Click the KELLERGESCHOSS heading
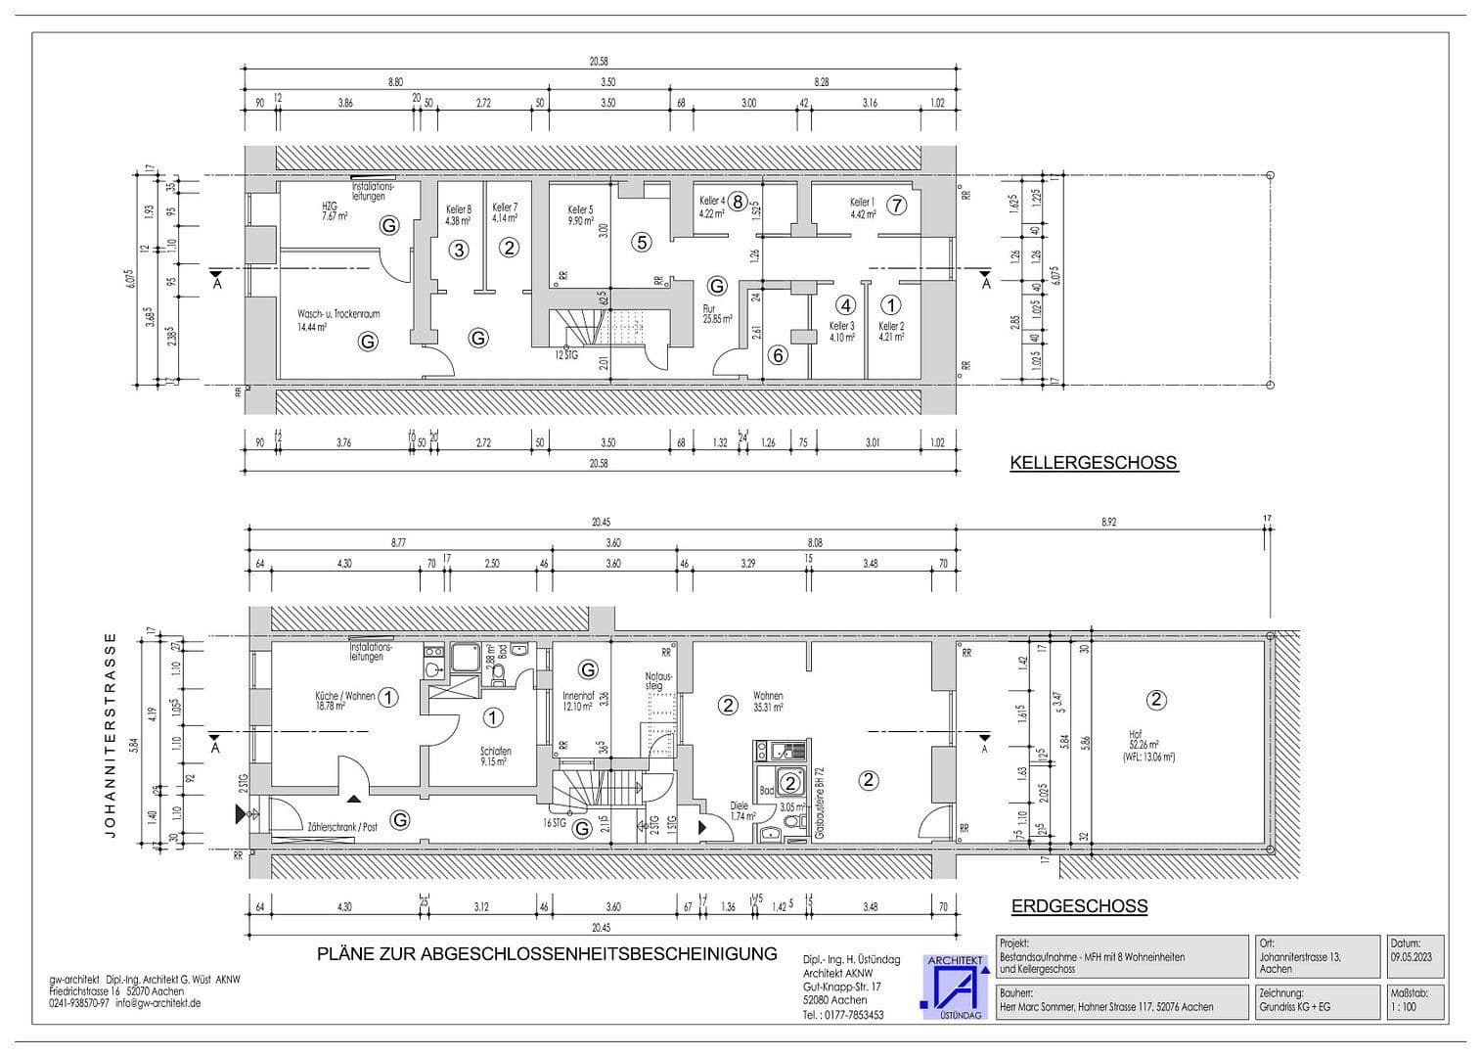click(x=1094, y=463)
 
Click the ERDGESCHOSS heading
click(x=1079, y=906)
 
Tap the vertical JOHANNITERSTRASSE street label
click(x=111, y=735)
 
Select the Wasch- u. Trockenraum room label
click(x=338, y=320)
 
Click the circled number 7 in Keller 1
click(x=897, y=206)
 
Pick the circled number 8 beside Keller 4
click(x=738, y=202)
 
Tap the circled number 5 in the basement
click(x=641, y=242)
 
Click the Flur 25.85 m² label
click(x=717, y=313)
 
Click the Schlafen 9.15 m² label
click(x=495, y=757)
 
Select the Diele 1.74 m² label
click(x=742, y=810)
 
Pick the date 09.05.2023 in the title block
click(x=1416, y=957)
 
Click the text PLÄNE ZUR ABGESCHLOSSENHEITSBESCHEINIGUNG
click(x=547, y=953)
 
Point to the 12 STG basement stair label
click(x=566, y=354)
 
